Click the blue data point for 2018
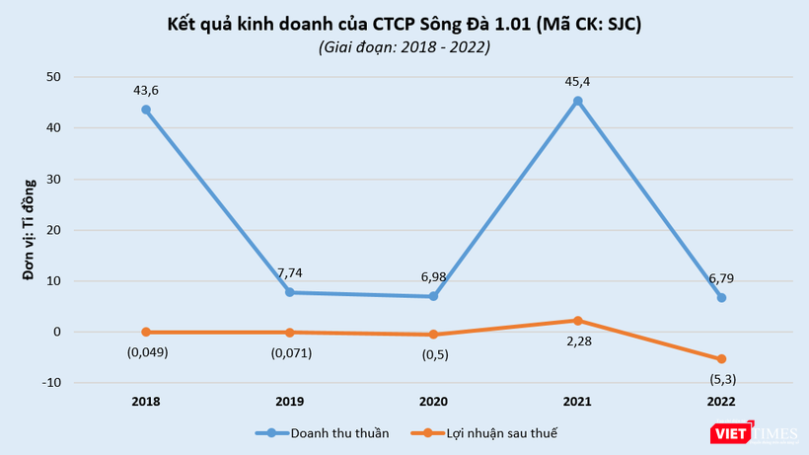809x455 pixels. pyautogui.click(x=146, y=110)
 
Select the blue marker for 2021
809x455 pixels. pyautogui.click(x=577, y=101)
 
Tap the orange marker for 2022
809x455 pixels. pyautogui.click(x=721, y=359)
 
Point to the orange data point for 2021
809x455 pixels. pyautogui.click(x=577, y=321)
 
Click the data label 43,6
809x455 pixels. pyautogui.click(x=146, y=90)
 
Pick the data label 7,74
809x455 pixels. pyautogui.click(x=290, y=272)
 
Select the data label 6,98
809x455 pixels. pyautogui.click(x=433, y=276)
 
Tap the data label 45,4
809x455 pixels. pyautogui.click(x=577, y=81)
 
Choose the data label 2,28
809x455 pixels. pyautogui.click(x=577, y=341)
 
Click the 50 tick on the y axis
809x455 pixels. pyautogui.click(x=53, y=77)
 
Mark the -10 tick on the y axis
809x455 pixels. pyautogui.click(x=51, y=383)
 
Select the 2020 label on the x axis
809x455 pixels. pyautogui.click(x=433, y=402)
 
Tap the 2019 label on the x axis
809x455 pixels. pyautogui.click(x=290, y=402)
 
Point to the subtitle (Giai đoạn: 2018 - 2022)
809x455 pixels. pyautogui.click(x=404, y=46)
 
